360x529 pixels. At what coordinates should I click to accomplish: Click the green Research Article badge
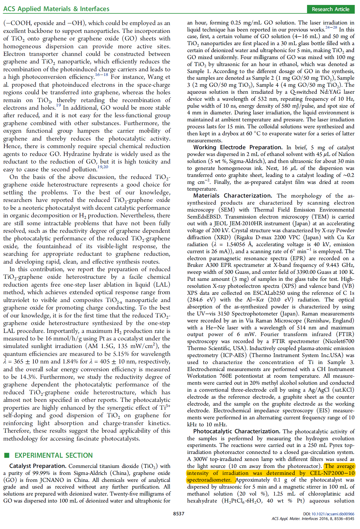(x=330, y=9)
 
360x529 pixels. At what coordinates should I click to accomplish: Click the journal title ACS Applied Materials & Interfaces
(x=56, y=9)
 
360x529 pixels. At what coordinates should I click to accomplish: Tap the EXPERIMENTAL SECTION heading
(x=54, y=455)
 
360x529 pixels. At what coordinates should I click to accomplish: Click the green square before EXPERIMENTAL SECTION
(x=7, y=455)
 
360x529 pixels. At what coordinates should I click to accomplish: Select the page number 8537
(x=179, y=514)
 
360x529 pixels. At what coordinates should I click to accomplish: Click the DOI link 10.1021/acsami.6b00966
(x=333, y=514)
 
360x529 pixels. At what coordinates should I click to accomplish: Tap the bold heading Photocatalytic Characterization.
(x=237, y=431)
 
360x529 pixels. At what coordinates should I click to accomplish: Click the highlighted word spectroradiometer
(x=209, y=480)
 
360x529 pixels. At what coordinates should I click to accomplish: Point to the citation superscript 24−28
(x=331, y=28)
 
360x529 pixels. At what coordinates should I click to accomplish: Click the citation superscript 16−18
(x=102, y=75)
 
